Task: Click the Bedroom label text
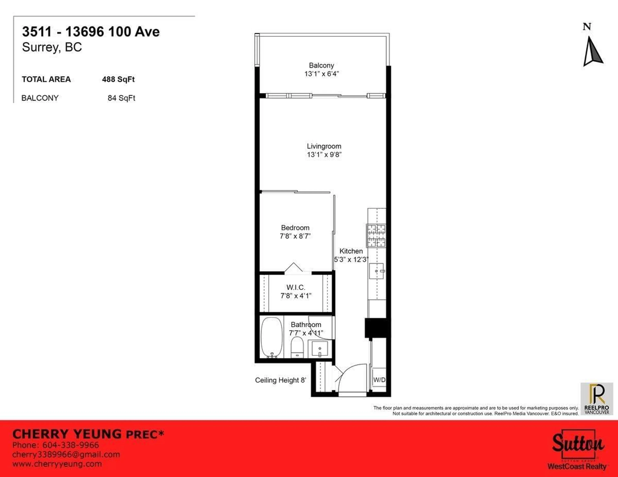click(x=295, y=228)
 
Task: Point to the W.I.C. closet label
click(x=296, y=287)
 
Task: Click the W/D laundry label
click(x=379, y=380)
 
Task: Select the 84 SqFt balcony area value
click(x=121, y=98)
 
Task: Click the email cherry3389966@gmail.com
click(x=66, y=455)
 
